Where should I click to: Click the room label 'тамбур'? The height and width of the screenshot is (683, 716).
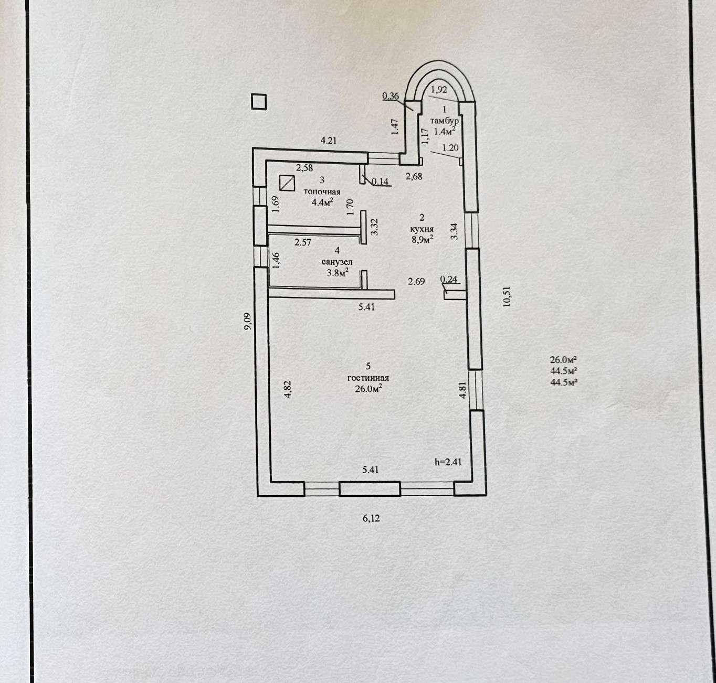point(444,121)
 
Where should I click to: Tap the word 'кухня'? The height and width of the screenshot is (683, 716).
point(422,229)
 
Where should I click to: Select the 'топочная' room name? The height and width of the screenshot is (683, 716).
point(322,192)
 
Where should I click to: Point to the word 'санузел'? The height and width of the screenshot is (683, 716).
point(337,261)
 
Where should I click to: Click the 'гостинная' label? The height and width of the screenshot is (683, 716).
point(368,378)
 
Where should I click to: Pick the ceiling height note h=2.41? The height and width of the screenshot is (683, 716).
point(448,462)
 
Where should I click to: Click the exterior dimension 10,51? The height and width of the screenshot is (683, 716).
point(507,297)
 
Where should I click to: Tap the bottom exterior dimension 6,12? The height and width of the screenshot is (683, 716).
point(371,518)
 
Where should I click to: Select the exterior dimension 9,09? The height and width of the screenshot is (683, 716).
point(248,322)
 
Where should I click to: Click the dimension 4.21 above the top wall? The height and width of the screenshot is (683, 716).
point(329,140)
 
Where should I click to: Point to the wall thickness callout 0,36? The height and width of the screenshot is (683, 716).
point(391,96)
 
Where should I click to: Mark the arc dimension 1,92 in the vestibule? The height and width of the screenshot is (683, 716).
point(439,90)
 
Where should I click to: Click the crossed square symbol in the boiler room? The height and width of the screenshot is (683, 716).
point(287,183)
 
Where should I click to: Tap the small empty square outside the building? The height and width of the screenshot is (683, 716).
point(259,102)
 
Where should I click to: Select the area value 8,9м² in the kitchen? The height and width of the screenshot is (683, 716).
point(422,239)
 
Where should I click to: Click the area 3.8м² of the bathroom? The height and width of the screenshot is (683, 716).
point(338,272)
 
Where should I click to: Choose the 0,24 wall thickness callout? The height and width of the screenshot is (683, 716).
point(448,279)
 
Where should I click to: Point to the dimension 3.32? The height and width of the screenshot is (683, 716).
point(374,227)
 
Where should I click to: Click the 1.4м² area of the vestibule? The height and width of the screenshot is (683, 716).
point(444,131)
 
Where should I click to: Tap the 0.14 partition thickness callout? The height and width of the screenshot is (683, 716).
point(380,182)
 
